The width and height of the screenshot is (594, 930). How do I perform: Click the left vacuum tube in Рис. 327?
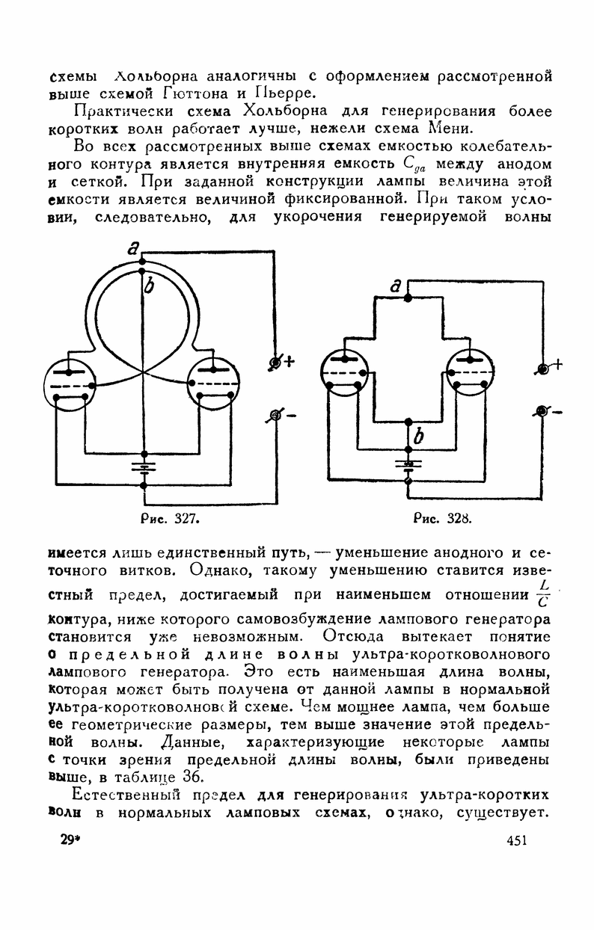tap(70, 384)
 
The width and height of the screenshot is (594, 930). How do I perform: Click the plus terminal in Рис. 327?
tap(275, 363)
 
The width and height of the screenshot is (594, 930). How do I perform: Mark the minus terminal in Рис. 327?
tap(274, 416)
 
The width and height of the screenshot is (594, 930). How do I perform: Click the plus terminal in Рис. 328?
tap(544, 369)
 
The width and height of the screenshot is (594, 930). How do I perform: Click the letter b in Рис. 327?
tap(149, 286)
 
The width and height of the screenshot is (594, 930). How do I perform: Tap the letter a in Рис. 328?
tap(398, 285)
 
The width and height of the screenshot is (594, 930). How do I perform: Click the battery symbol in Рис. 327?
tap(143, 467)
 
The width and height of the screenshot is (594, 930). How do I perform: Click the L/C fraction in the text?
tap(545, 591)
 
